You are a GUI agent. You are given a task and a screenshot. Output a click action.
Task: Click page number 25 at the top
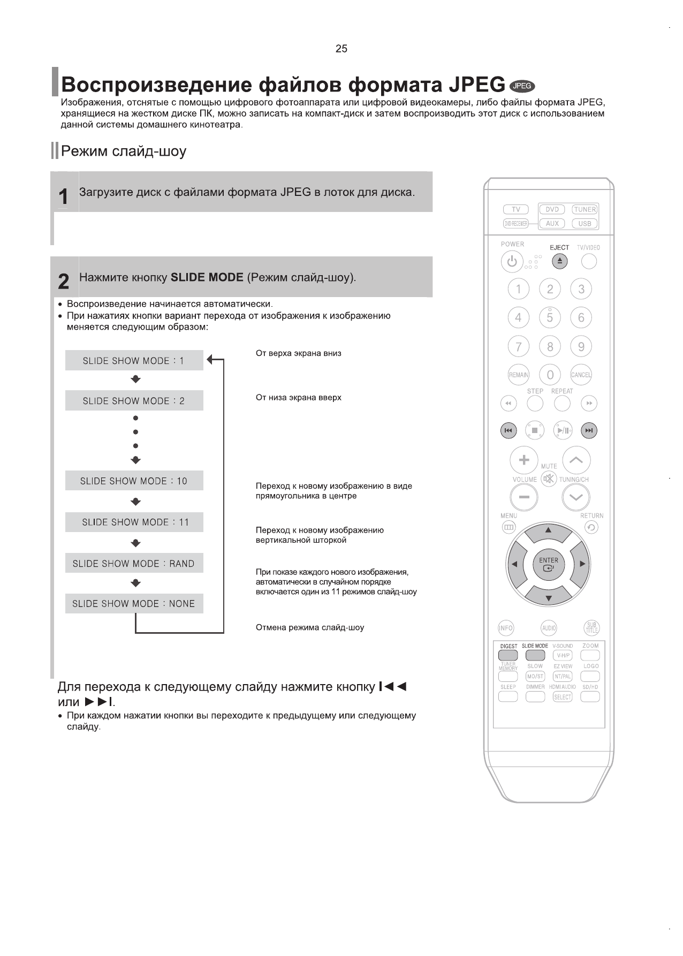coord(341,49)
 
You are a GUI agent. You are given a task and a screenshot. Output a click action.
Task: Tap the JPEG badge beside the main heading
coord(522,86)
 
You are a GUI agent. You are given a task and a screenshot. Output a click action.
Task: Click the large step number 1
coord(64,197)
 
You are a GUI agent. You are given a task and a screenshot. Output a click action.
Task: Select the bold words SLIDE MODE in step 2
coord(207,277)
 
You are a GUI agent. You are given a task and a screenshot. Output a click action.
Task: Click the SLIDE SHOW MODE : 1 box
coord(134,361)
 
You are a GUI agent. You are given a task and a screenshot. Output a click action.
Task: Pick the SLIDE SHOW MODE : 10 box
coord(134,481)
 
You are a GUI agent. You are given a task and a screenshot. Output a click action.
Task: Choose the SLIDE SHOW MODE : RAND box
coord(134,563)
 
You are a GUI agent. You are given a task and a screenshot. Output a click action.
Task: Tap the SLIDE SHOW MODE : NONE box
coord(134,603)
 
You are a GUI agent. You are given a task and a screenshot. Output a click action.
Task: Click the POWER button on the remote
coord(512,262)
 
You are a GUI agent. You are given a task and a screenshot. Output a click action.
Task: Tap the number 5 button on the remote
coord(550,318)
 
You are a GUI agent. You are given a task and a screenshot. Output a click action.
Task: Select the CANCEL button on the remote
coord(581,375)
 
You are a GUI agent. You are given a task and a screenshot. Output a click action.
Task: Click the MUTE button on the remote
coord(549,479)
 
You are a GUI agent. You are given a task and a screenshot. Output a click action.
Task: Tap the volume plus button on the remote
coord(524,460)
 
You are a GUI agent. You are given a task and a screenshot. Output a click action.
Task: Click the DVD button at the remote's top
coord(552,210)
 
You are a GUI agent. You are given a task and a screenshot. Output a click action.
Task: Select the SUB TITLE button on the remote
coord(591,628)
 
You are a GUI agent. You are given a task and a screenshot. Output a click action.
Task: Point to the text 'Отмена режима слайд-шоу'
coord(310,627)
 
